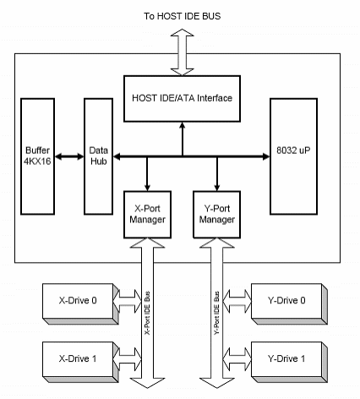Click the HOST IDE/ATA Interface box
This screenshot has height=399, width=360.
point(182,99)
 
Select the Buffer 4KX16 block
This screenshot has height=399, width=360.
point(37,156)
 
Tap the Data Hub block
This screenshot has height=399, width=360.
point(98,156)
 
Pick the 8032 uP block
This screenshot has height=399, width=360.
point(293,156)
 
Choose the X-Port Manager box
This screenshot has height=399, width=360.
point(147,215)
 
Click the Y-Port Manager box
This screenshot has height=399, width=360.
point(216,215)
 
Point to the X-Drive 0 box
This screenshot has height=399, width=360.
point(80,303)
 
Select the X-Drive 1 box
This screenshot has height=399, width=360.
point(80,362)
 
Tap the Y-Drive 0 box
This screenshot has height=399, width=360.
point(289,303)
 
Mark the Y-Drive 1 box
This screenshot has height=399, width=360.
point(289,362)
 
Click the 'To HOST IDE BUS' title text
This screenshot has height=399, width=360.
point(183,16)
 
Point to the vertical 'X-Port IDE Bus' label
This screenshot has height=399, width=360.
point(147,313)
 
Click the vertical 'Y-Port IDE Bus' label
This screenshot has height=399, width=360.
point(216,313)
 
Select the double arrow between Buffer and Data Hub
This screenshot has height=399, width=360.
point(69,156)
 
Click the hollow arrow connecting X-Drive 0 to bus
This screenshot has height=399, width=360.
point(128,301)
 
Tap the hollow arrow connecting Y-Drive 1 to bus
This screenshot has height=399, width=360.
point(237,359)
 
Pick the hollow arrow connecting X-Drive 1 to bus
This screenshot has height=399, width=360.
point(128,359)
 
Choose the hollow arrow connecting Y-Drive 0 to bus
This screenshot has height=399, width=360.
point(237,301)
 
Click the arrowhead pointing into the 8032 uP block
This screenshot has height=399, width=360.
point(266,156)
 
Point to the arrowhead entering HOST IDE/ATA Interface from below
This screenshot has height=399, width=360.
point(183,126)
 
